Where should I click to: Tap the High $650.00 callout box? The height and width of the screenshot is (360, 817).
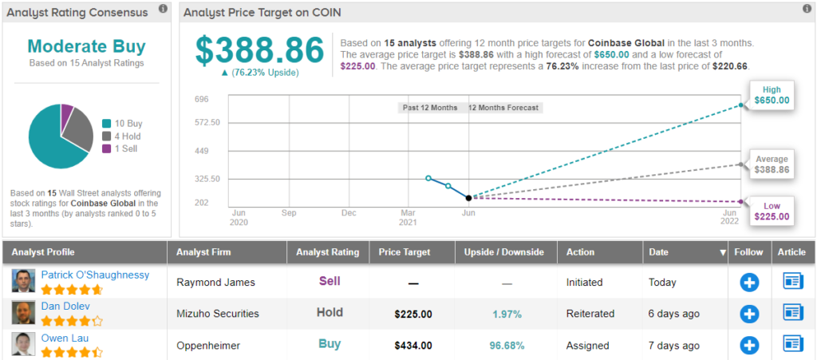tap(771, 95)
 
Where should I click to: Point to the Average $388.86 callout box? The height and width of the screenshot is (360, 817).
tap(771, 164)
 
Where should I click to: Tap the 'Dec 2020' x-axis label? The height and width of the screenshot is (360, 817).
tap(349, 218)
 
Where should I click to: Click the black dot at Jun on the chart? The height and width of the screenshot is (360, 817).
tap(468, 197)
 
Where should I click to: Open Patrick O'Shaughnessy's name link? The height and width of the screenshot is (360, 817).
tap(95, 275)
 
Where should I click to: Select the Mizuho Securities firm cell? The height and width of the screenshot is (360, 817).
tap(218, 314)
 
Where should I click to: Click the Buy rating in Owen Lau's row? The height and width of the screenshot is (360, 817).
tap(329, 344)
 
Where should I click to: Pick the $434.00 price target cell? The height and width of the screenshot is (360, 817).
tap(412, 345)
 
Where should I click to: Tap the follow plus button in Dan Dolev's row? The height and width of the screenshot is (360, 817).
tap(748, 314)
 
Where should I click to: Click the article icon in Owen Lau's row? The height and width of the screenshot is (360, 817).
tap(793, 344)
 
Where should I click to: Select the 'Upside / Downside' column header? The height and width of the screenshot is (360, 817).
tap(504, 252)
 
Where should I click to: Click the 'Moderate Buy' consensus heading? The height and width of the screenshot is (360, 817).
tap(86, 46)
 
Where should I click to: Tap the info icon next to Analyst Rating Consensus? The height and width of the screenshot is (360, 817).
tap(163, 9)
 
